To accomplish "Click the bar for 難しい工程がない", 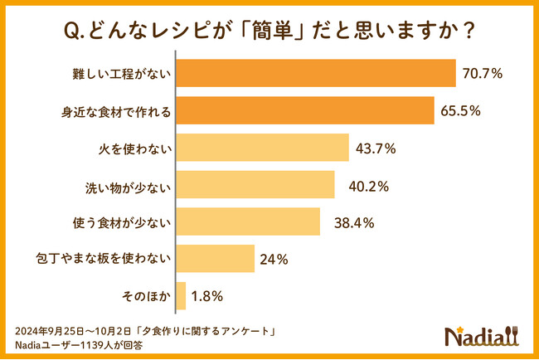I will coord(316,73).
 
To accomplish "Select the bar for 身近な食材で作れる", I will coord(305,110).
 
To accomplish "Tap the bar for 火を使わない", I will coord(262,148).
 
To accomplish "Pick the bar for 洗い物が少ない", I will coord(255,184).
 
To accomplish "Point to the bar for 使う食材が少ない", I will coord(248,221).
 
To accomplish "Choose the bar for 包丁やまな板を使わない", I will coord(215,259).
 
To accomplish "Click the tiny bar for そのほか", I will coord(180,295).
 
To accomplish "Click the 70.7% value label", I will coord(483,74).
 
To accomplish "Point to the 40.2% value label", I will coord(362,185).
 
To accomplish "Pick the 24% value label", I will coord(274,260).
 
